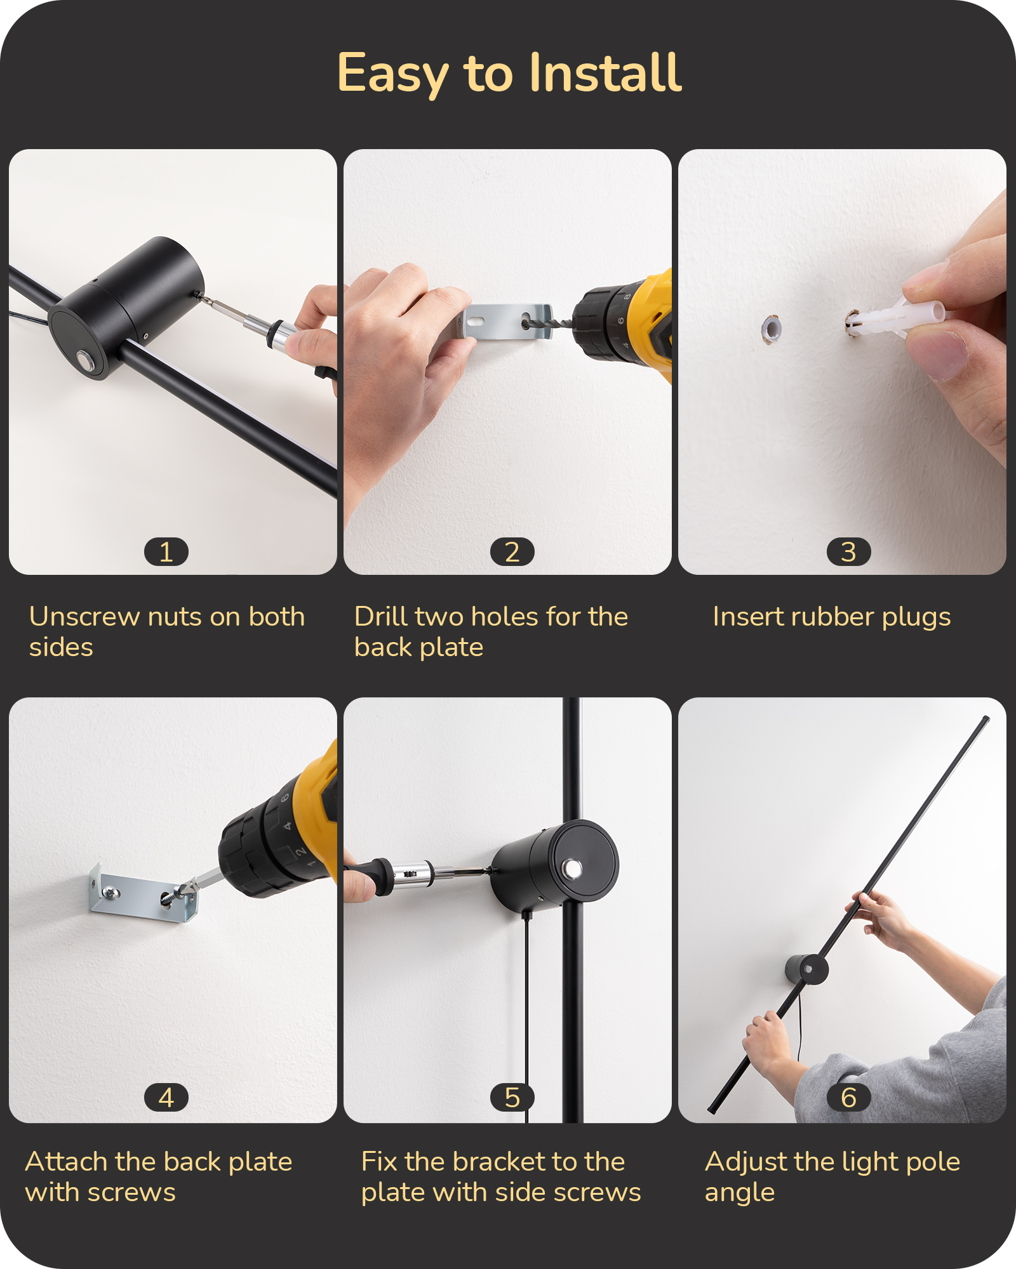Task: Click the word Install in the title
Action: [605, 72]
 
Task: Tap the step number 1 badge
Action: [166, 551]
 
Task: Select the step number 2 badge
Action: [512, 551]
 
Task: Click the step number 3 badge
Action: [848, 551]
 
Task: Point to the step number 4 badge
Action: [166, 1097]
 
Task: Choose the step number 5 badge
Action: [512, 1097]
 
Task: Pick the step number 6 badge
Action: [848, 1097]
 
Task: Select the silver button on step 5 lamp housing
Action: [572, 869]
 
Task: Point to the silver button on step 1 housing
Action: [84, 361]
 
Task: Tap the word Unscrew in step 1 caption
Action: [84, 616]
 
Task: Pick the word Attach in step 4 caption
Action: [67, 1161]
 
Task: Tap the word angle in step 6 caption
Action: [740, 1193]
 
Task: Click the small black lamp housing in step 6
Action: [806, 969]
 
